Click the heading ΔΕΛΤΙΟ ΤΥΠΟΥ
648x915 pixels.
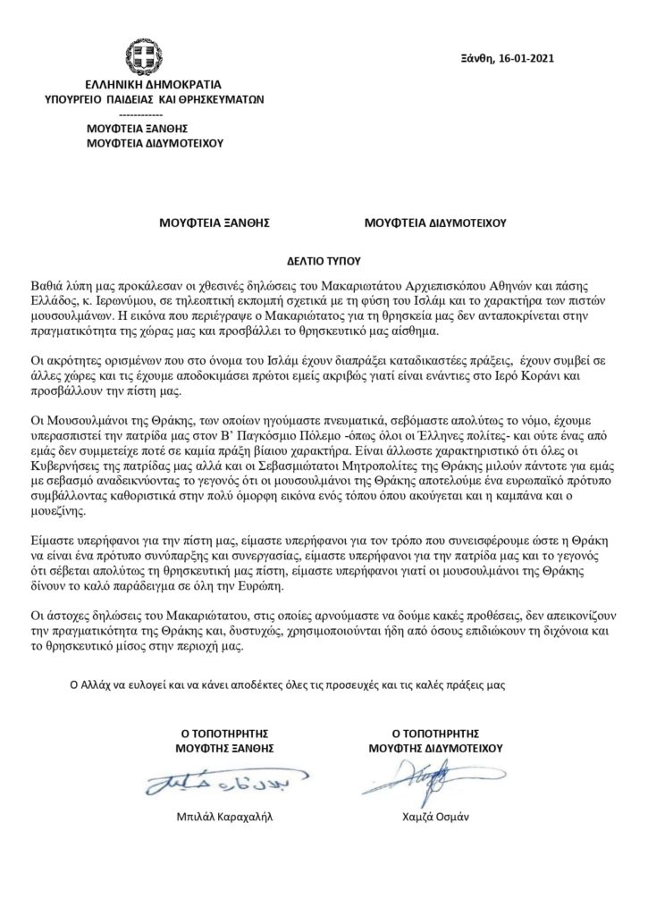coord(323,264)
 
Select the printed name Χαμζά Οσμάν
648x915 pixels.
coord(435,818)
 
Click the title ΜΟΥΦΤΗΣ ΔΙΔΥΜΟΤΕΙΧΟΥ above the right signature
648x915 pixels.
coord(435,748)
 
